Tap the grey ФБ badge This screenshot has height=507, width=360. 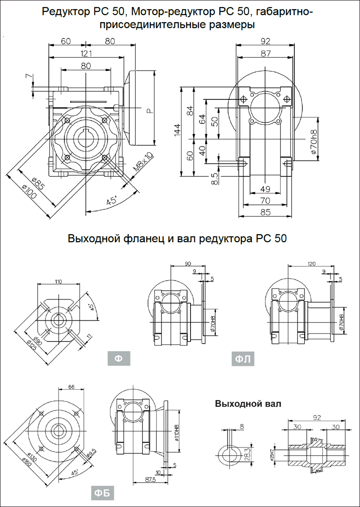click(102, 493)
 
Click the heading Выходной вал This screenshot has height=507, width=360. click(248, 404)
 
